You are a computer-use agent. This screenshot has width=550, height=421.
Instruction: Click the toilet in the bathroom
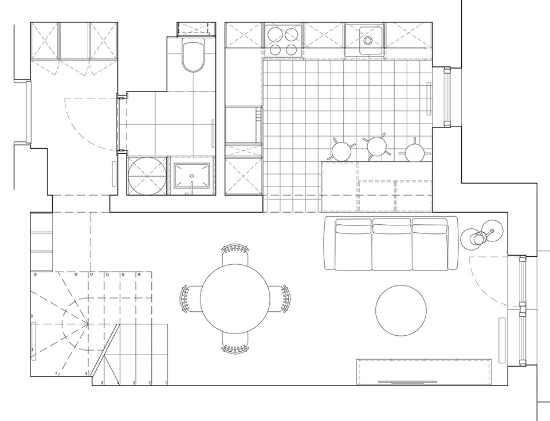click(192, 55)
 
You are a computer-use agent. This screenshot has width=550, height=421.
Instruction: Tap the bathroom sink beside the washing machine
click(191, 176)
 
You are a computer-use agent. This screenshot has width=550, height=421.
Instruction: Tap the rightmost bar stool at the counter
click(415, 151)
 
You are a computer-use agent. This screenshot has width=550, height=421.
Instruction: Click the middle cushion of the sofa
click(391, 245)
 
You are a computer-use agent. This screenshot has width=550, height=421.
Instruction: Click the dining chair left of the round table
click(190, 298)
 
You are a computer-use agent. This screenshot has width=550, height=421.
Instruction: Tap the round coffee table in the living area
click(401, 311)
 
